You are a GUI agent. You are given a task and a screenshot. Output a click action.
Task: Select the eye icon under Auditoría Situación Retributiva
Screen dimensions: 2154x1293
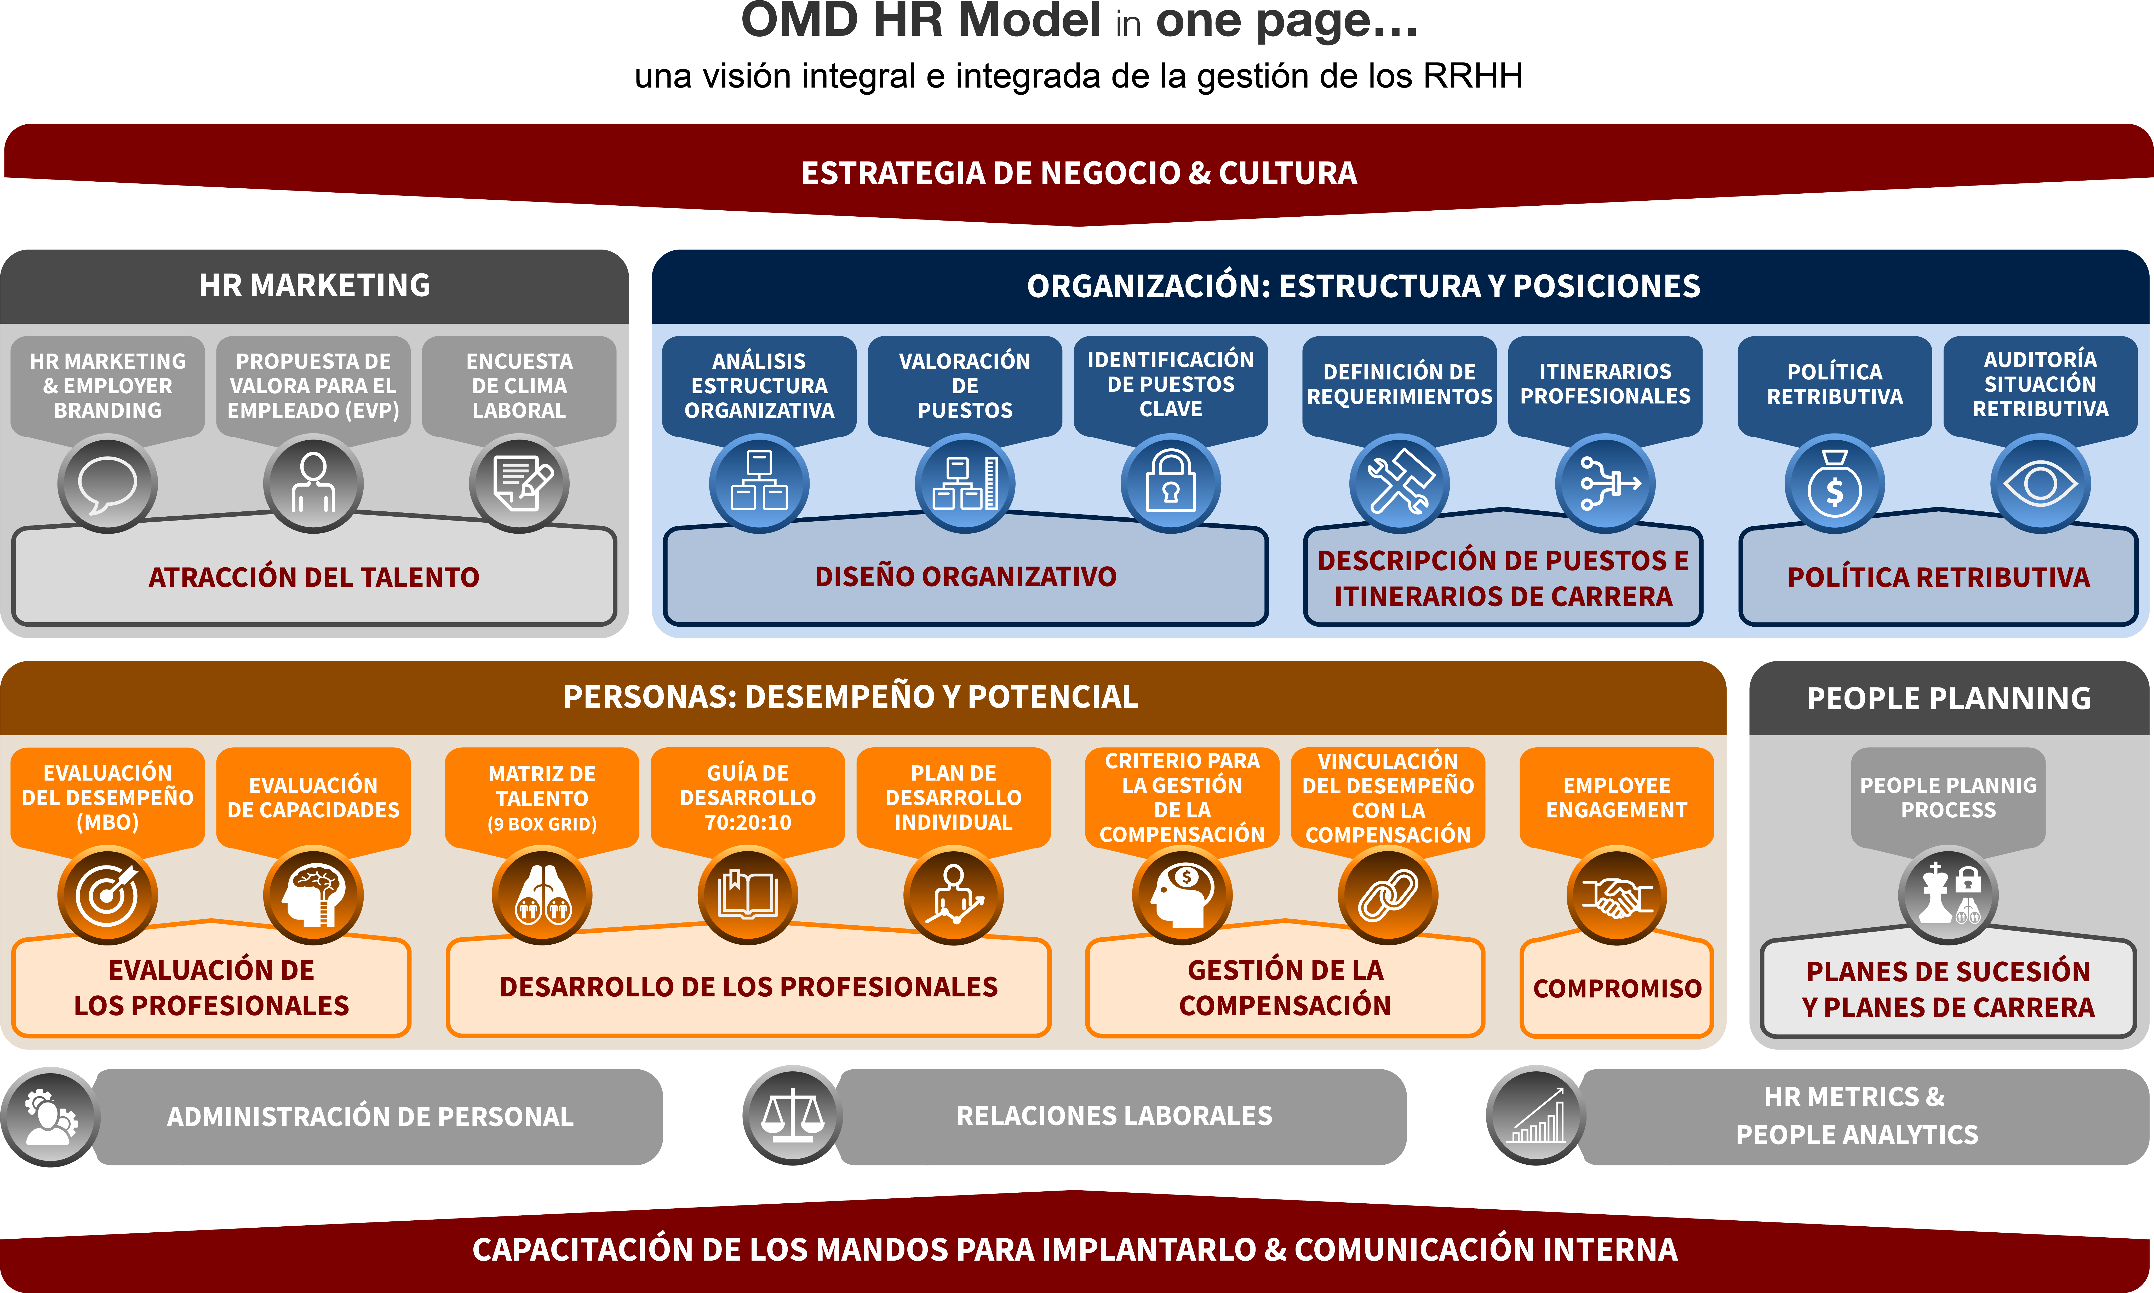pos(2040,483)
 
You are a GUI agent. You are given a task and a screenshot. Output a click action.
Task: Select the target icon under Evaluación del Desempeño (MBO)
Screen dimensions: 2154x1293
pos(107,896)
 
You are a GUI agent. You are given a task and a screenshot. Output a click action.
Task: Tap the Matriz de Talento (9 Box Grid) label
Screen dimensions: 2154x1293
pos(542,798)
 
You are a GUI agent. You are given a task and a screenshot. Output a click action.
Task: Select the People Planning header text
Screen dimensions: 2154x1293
pos(1949,698)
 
